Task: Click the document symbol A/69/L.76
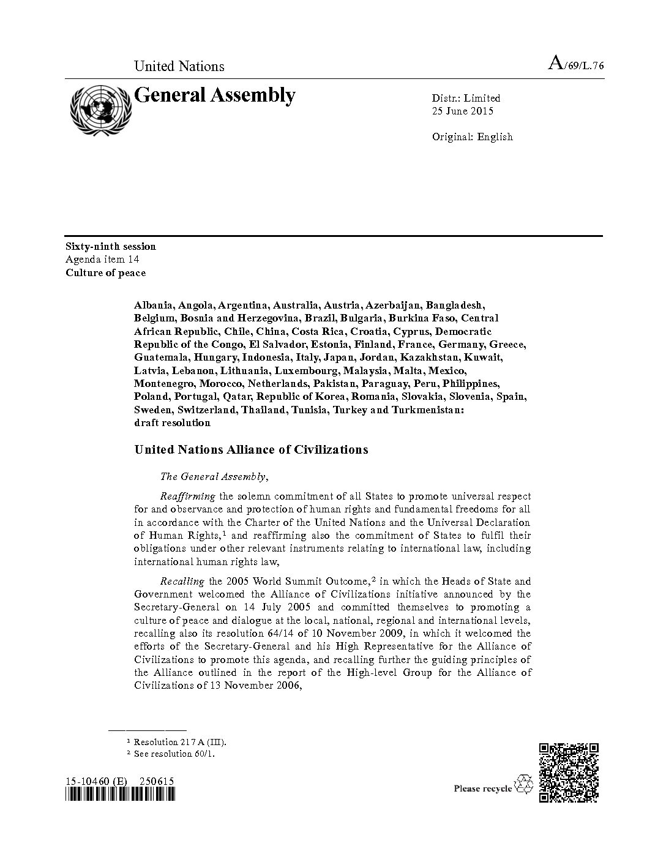click(x=577, y=64)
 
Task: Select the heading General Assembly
click(x=215, y=96)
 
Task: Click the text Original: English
click(x=472, y=137)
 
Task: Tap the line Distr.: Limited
click(x=466, y=98)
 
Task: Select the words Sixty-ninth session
click(x=111, y=246)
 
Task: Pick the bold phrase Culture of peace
click(x=106, y=273)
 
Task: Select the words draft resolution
click(x=172, y=422)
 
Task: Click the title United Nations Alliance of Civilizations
click(x=251, y=449)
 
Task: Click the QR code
click(x=569, y=771)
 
